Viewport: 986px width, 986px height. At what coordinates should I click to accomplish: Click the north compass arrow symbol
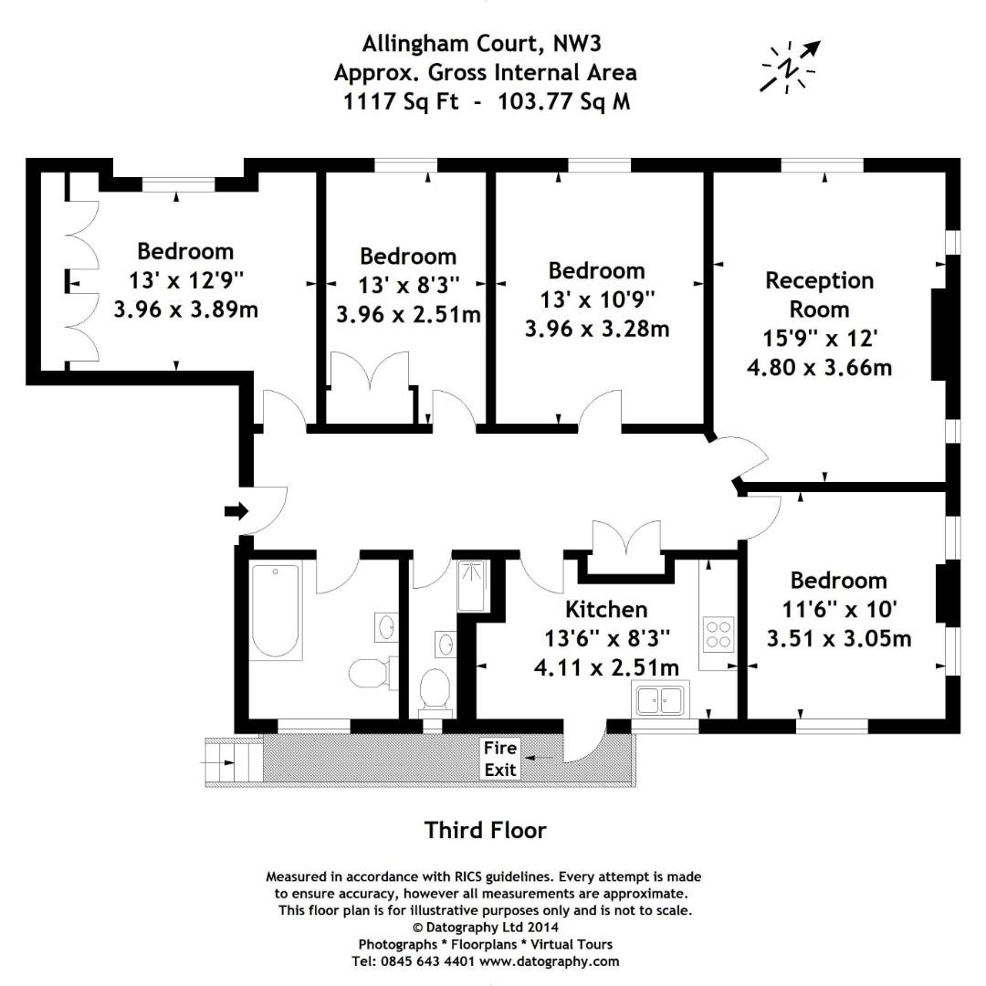point(790,67)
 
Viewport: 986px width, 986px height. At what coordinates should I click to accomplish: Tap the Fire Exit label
point(500,759)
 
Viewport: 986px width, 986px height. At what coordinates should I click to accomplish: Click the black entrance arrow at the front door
point(236,511)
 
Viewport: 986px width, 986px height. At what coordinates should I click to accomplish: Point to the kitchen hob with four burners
point(718,634)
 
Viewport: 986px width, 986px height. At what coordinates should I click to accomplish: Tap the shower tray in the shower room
point(471,585)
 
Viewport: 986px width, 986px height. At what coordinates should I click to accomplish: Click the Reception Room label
point(819,294)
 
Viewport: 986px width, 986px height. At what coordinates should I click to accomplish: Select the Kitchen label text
point(606,609)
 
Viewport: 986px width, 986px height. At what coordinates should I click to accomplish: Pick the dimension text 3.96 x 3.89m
point(185,309)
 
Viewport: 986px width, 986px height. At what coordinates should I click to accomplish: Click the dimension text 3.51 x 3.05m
point(839,638)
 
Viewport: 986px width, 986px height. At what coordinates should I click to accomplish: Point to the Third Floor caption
point(485,830)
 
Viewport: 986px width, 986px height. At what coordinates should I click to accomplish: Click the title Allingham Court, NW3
point(482,44)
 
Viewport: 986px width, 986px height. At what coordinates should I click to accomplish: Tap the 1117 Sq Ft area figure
point(401,101)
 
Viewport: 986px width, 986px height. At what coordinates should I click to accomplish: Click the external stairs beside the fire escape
point(234,762)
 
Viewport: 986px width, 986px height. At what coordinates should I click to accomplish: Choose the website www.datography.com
point(550,961)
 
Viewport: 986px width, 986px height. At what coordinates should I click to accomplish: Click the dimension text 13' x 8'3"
point(409,285)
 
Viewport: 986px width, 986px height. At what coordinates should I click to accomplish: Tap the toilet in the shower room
point(435,690)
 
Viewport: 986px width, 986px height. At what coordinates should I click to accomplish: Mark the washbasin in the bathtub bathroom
point(385,626)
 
